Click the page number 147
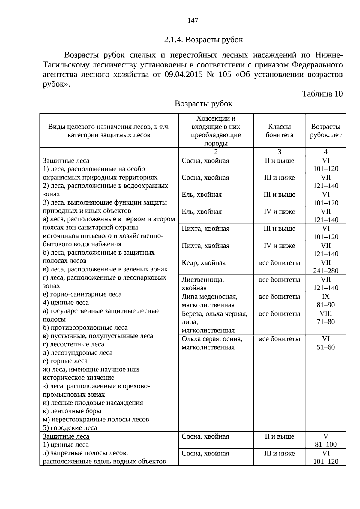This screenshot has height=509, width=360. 193,20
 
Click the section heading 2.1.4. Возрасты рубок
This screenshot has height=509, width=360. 203,40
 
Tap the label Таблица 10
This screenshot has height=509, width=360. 322,94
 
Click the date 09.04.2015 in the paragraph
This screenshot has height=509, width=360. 183,74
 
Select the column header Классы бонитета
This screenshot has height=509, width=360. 279,131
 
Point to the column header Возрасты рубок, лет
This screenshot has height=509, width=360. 325,131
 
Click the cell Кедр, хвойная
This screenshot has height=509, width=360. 204,263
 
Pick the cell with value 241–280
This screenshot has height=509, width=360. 326,271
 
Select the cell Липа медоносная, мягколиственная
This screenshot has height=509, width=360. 209,301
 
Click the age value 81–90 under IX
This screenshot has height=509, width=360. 326,305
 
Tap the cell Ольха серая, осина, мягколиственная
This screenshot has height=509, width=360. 212,343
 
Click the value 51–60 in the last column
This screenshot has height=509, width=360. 326,347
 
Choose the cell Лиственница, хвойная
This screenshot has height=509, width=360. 203,284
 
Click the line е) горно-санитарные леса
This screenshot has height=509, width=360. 82,294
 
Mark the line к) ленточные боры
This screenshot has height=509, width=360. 72,411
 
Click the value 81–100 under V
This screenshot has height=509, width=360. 326,445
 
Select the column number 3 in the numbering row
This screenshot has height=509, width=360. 279,152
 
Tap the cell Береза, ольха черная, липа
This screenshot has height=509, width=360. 214,318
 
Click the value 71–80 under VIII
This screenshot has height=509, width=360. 326,322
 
